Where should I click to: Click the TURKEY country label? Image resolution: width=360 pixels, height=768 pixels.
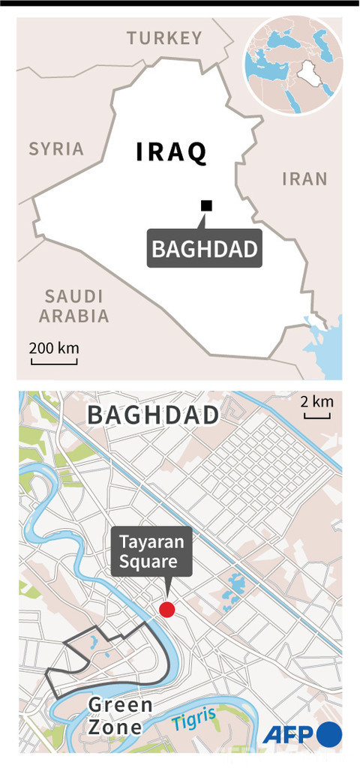click(164, 38)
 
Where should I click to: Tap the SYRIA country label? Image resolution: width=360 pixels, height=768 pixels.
click(56, 148)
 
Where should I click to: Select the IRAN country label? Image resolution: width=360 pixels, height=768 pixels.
click(304, 178)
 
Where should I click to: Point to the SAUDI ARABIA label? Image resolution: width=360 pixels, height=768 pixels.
click(73, 305)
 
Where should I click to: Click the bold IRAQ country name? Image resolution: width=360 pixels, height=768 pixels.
click(171, 152)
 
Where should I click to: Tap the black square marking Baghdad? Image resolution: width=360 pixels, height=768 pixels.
click(206, 205)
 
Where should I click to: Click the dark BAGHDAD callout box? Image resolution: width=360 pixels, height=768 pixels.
click(204, 250)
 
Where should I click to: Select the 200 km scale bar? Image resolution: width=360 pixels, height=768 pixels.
click(54, 354)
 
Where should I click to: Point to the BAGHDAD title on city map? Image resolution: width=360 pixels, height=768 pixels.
click(153, 415)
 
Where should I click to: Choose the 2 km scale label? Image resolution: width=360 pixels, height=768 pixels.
click(316, 401)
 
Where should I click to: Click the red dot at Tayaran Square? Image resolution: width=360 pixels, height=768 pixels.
click(167, 609)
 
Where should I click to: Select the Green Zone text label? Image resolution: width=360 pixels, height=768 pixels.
click(121, 715)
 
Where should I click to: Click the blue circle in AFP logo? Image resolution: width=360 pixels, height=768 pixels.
click(328, 735)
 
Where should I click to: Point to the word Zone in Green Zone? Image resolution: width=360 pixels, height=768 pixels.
click(115, 727)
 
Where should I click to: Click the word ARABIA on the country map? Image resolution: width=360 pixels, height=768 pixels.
click(73, 316)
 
